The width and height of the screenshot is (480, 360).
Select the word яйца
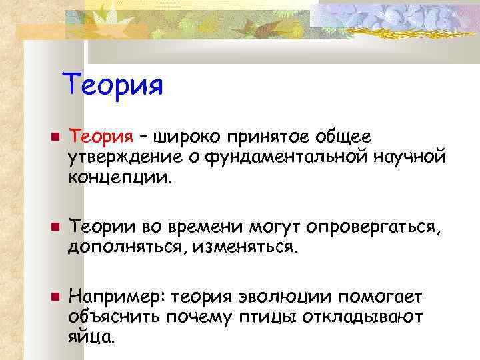click(89, 337)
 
